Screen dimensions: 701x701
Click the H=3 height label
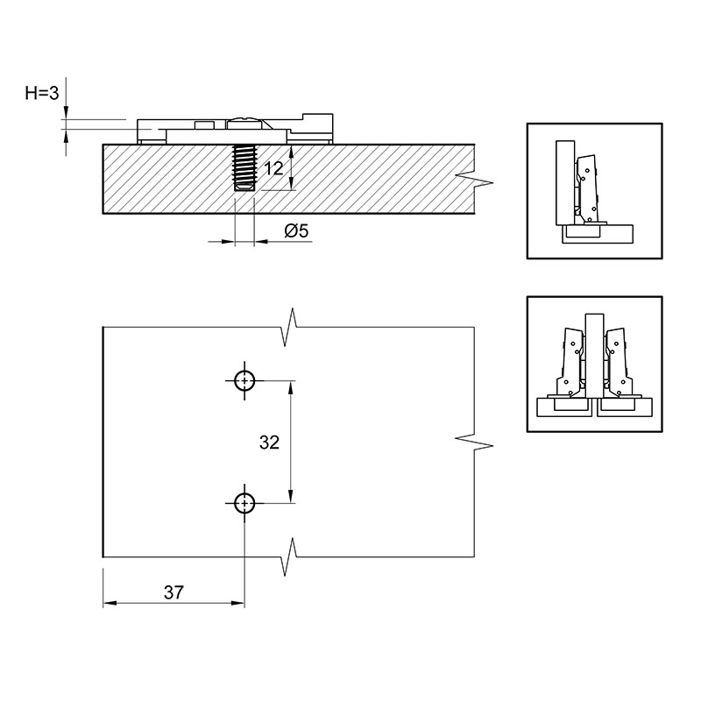point(42,94)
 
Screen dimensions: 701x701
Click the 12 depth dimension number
point(273,168)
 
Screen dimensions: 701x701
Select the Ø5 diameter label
point(296,231)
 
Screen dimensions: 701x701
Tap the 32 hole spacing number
point(269,443)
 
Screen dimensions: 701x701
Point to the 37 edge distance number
point(173,592)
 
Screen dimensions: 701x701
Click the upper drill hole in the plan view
point(244,381)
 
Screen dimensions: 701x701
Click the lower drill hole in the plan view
point(244,503)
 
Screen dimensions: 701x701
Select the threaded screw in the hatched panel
point(244,167)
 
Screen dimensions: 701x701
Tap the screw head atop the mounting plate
point(244,123)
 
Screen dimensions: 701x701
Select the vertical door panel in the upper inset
point(565,183)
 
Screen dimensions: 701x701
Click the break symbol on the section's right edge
point(474,179)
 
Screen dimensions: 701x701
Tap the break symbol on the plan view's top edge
point(290,327)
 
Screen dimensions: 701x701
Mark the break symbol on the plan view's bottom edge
point(290,557)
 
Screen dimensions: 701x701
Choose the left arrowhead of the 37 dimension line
point(110,603)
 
